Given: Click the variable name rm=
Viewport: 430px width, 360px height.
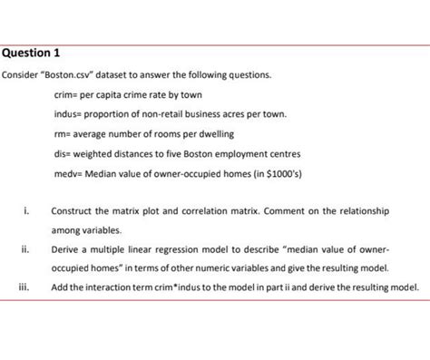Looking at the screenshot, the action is pos(63,135).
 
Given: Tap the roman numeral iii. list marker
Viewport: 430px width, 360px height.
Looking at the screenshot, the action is pos(24,287).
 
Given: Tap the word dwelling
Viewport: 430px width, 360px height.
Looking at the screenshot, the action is pos(215,135).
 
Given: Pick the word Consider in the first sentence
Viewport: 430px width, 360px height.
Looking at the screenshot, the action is pos(22,75).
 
